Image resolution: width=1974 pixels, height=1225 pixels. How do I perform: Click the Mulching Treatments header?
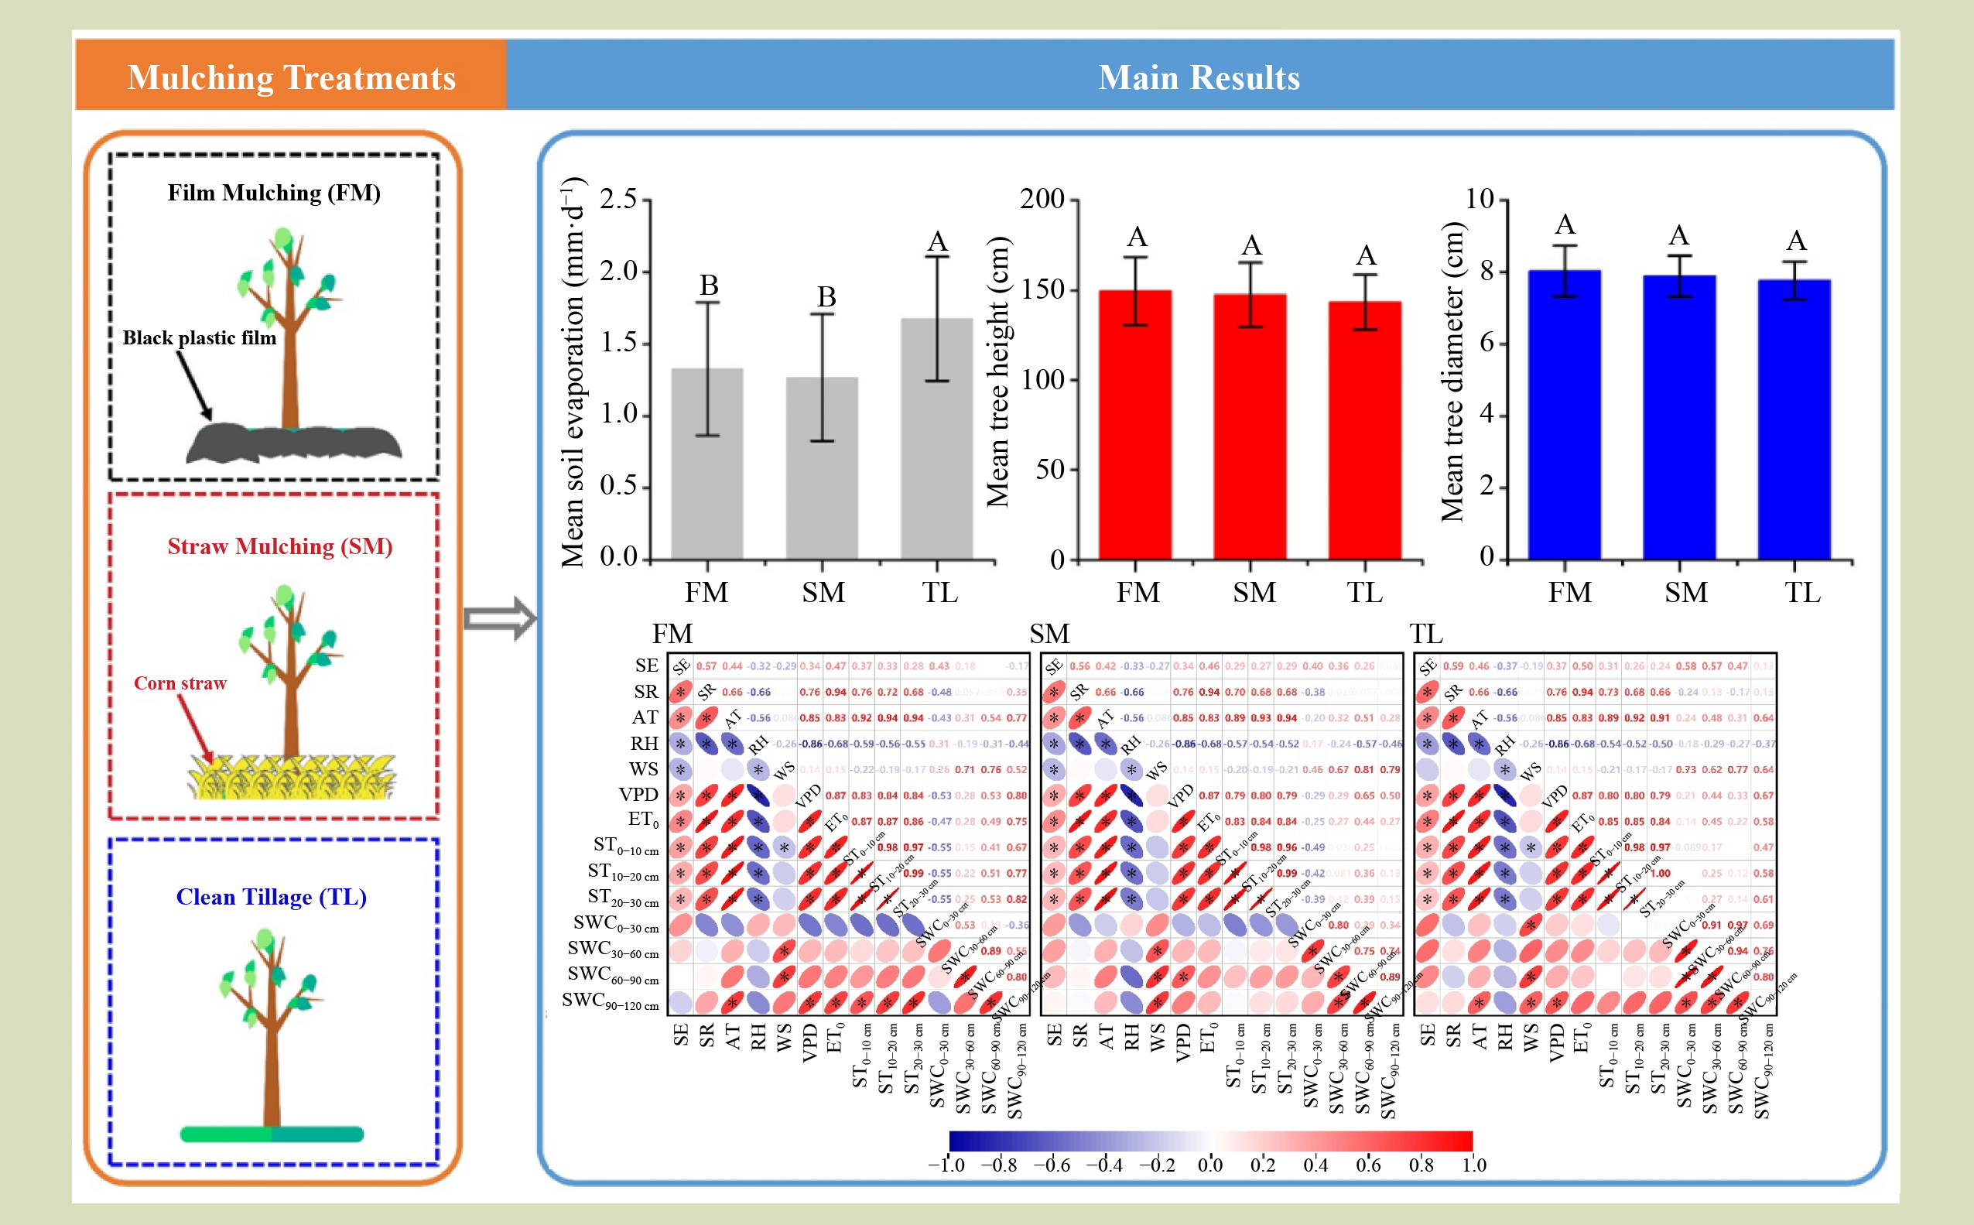point(292,78)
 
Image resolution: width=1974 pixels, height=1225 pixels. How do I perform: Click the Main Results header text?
point(1198,78)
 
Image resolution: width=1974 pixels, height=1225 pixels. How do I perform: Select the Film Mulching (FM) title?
point(274,193)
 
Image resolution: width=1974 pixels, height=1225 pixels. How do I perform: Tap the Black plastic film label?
point(200,338)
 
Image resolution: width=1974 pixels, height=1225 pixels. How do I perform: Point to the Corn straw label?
point(180,683)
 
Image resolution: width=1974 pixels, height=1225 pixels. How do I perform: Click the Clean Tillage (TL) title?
point(272,897)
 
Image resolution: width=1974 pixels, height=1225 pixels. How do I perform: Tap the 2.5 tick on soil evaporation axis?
point(618,200)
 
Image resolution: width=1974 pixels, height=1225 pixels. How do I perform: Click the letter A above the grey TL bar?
point(937,241)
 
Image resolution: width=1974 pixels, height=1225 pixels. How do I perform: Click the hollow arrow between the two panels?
point(500,619)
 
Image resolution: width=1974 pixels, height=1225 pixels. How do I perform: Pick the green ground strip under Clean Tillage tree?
point(272,1134)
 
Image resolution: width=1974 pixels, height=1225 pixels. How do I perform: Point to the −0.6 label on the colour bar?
point(1052,1165)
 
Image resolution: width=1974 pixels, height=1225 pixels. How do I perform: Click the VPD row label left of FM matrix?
point(638,795)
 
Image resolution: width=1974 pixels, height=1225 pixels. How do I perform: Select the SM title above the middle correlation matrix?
point(1049,634)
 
